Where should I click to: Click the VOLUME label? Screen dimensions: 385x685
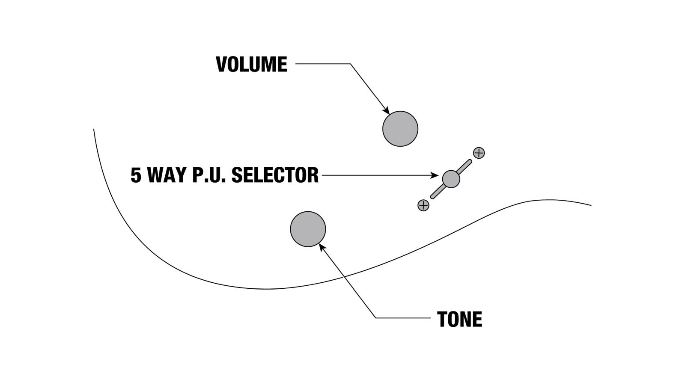[x=251, y=65]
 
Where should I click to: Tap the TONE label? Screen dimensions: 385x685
[x=459, y=320]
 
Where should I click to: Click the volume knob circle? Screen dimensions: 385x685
[x=400, y=129]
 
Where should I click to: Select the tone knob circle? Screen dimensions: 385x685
[x=308, y=229]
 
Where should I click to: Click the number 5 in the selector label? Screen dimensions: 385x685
[x=136, y=175]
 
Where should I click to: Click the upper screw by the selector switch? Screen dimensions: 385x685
[x=479, y=153]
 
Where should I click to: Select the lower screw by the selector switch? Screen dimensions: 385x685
[x=423, y=205]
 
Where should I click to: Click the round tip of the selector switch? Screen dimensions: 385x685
[x=451, y=179]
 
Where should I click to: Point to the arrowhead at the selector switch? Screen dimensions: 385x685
[x=435, y=175]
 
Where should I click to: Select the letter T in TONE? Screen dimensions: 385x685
[x=442, y=320]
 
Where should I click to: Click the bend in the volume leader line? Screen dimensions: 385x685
[x=350, y=64]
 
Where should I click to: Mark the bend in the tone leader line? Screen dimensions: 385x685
[x=375, y=318]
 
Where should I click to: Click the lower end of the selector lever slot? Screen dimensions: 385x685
[x=432, y=197]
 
